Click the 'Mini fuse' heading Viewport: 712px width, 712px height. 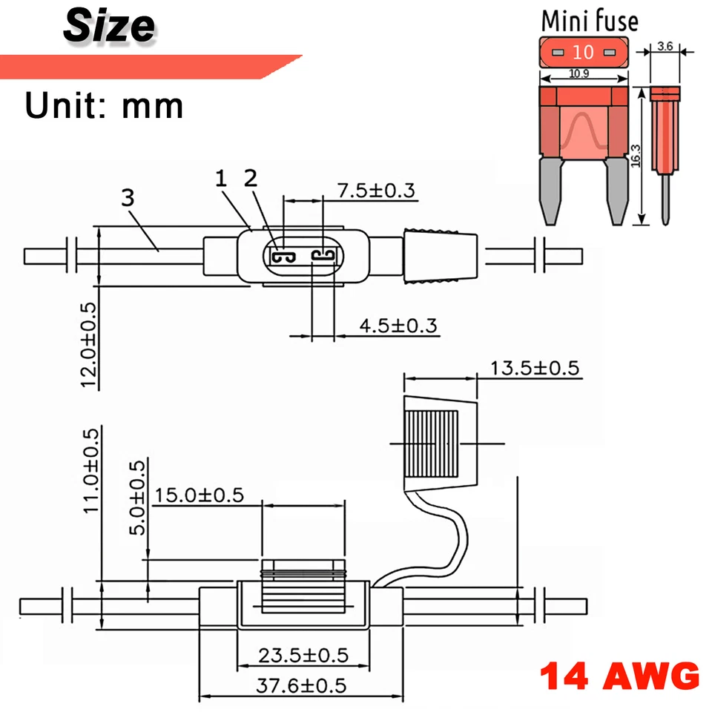[589, 20]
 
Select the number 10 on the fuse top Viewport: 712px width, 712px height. [583, 52]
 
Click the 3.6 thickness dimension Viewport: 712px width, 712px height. [665, 47]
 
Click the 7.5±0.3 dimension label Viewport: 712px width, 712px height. [377, 190]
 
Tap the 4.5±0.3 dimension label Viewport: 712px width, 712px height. [398, 325]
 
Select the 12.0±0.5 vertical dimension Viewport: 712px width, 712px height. [88, 345]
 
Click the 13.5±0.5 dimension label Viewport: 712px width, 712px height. [534, 369]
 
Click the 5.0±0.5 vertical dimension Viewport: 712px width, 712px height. [138, 497]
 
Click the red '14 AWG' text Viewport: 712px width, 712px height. [619, 676]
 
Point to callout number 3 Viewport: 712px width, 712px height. [128, 198]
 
